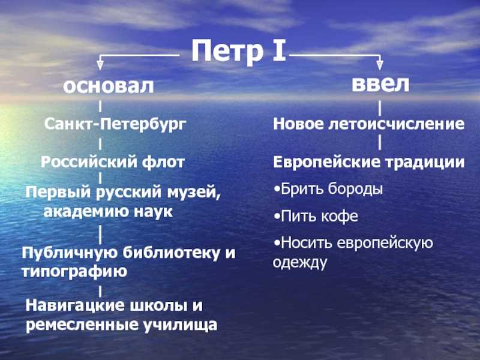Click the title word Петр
pyautogui.click(x=227, y=52)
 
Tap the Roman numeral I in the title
pyautogui.click(x=279, y=50)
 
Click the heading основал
pyautogui.click(x=109, y=86)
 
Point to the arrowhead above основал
pyautogui.click(x=100, y=65)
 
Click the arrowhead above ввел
pyautogui.click(x=380, y=65)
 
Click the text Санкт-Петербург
pyautogui.click(x=115, y=125)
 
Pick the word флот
pyautogui.click(x=163, y=162)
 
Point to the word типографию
pyautogui.click(x=74, y=272)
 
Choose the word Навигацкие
pyautogui.click(x=76, y=305)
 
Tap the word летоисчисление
pyautogui.click(x=397, y=124)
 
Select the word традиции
pyautogui.click(x=425, y=162)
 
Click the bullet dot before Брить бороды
pyautogui.click(x=277, y=190)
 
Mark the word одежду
pyautogui.click(x=299, y=263)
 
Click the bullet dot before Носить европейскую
pyautogui.click(x=277, y=244)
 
